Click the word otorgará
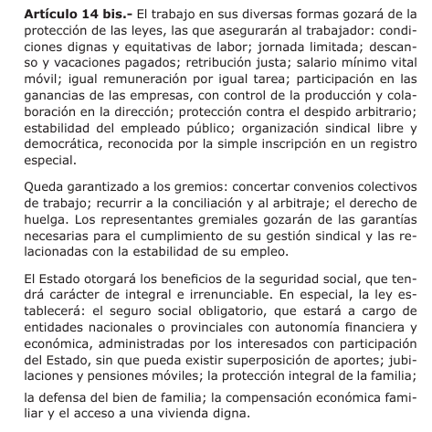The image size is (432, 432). [105, 279]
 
